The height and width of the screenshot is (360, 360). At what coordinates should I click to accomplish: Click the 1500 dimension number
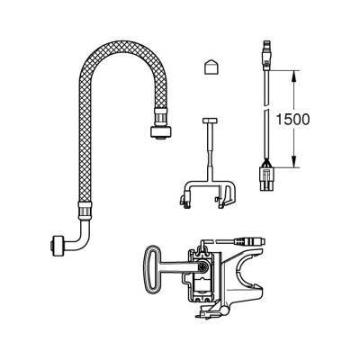pos(292,119)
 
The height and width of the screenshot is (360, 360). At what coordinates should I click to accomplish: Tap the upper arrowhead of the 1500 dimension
pos(294,76)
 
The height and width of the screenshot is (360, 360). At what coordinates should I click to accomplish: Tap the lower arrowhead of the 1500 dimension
pos(294,162)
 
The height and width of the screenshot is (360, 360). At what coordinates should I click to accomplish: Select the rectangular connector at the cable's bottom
pos(265,178)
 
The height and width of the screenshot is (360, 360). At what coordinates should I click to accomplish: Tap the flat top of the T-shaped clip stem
pos(211,121)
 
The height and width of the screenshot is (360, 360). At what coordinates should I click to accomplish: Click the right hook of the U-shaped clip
pos(229,195)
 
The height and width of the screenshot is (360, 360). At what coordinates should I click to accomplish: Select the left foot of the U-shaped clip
pos(184,201)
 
